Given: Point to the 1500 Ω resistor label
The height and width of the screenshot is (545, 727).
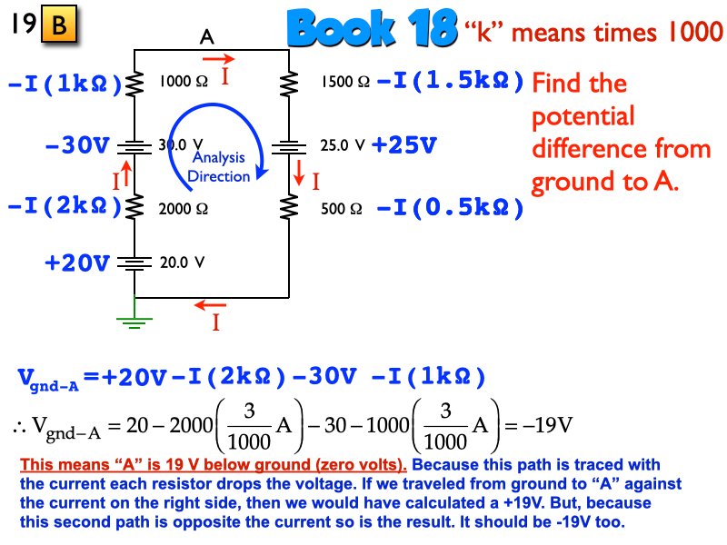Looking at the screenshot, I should (x=344, y=83).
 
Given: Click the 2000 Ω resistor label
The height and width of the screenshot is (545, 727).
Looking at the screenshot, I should (x=183, y=208).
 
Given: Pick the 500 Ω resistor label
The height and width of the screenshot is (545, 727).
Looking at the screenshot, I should (x=342, y=208).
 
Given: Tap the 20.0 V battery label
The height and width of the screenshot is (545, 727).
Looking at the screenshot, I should (x=183, y=263).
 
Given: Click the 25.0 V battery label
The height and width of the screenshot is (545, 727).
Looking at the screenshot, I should (x=343, y=144).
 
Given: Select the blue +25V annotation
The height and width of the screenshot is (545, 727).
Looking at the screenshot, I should (x=403, y=144).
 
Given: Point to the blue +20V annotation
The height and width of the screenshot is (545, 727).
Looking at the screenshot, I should (x=77, y=263).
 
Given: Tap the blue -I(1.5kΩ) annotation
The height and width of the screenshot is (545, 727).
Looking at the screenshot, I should (x=451, y=82).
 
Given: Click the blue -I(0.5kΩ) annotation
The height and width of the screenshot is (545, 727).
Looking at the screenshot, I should (x=451, y=208).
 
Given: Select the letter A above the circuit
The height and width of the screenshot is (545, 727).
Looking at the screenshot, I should (x=207, y=37).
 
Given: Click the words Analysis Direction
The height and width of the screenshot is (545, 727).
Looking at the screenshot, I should (x=218, y=167).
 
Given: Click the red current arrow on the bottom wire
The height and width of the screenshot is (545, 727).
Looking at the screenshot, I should (x=214, y=305).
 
